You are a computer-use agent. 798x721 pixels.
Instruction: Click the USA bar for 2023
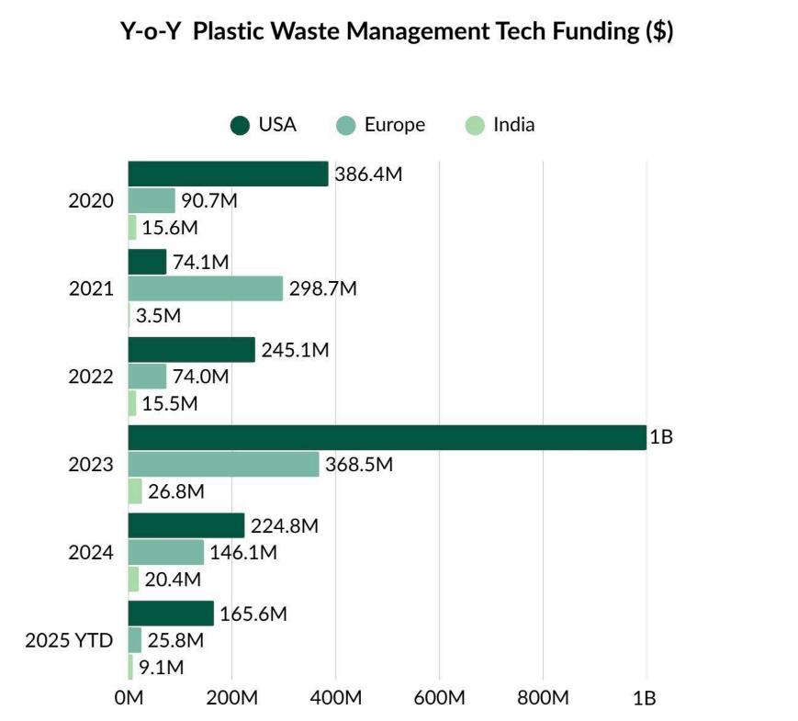[386, 437]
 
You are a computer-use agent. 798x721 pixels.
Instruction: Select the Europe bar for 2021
[205, 288]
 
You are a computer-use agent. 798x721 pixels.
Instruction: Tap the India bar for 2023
[135, 491]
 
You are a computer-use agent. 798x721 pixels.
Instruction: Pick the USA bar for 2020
[228, 174]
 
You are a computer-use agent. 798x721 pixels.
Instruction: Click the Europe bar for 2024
[165, 552]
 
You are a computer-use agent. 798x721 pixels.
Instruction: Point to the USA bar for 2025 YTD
[171, 614]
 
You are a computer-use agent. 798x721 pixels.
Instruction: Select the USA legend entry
[264, 125]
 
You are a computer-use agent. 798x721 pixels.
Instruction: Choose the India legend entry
[500, 125]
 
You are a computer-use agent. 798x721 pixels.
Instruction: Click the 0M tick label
[129, 698]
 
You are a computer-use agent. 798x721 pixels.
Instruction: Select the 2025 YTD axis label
[69, 641]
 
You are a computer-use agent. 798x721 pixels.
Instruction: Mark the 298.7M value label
[322, 289]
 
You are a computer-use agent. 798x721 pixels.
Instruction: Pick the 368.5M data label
[359, 466]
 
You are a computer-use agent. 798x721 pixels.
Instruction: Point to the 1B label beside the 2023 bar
[661, 438]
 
